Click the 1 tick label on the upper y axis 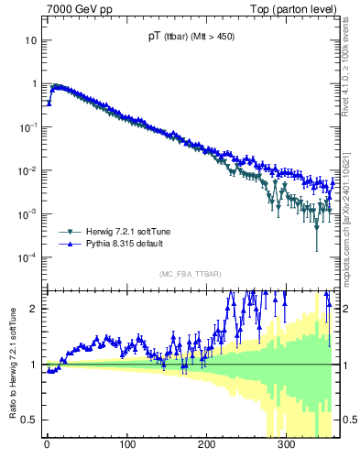[34, 83]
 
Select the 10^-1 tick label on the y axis [28, 126]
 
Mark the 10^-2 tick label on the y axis [28, 170]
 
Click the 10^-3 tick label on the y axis [28, 213]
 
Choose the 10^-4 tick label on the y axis [28, 256]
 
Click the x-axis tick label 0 [46, 447]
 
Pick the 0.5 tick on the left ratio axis [30, 420]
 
